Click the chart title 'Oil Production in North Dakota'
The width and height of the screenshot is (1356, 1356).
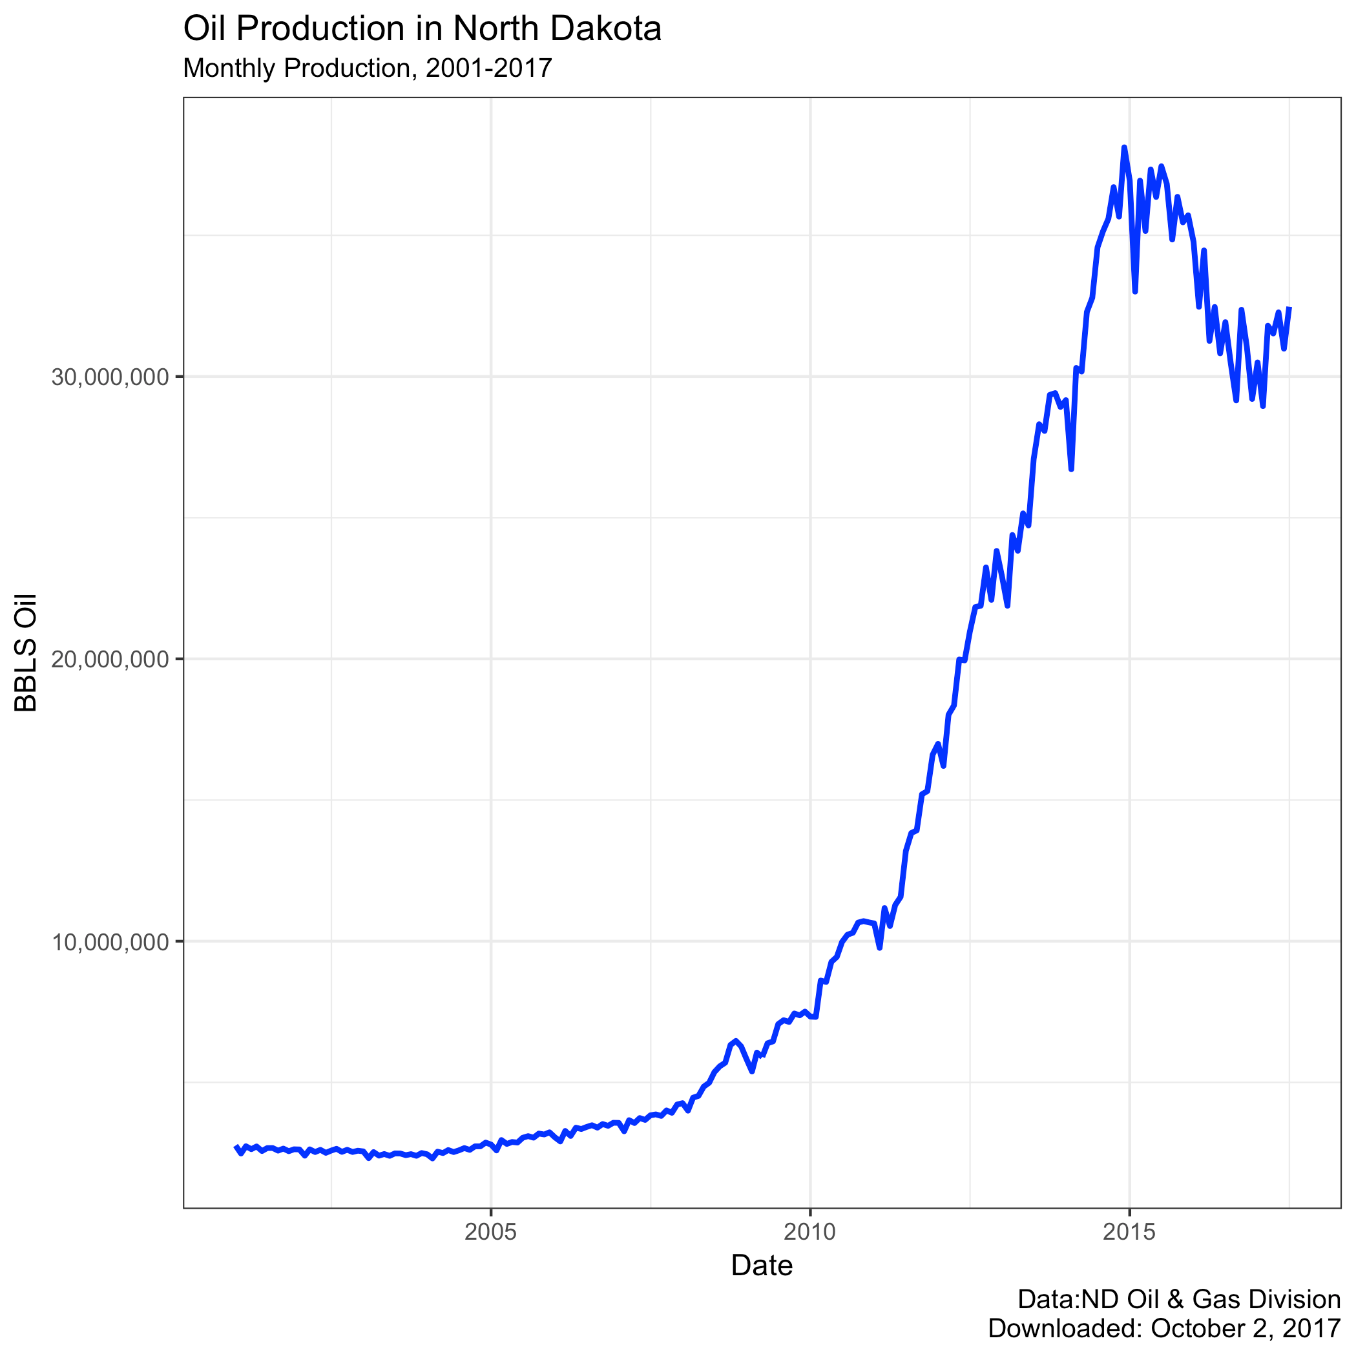(x=422, y=30)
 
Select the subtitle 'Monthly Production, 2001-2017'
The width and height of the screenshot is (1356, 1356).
(x=367, y=68)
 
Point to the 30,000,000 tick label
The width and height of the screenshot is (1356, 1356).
(x=111, y=378)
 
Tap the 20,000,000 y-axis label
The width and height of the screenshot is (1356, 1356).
(x=111, y=660)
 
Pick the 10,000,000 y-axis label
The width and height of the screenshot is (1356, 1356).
(x=111, y=942)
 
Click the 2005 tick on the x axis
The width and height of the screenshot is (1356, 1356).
(x=490, y=1232)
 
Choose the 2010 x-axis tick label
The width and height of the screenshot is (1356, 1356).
(x=810, y=1232)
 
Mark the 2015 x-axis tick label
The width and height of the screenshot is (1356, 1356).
(x=1129, y=1232)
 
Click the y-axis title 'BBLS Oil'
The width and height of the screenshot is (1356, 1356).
(x=26, y=653)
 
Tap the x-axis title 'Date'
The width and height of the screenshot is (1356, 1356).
(x=762, y=1266)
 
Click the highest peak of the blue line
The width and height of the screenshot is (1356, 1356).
(x=1123, y=147)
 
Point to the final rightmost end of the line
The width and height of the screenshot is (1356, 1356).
(x=1290, y=308)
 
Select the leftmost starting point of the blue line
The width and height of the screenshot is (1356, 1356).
(x=235, y=1146)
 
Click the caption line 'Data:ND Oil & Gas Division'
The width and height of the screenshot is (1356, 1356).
(x=1178, y=1299)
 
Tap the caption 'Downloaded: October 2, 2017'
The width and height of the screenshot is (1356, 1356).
(x=1164, y=1329)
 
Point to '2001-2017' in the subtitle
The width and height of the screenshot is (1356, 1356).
(x=488, y=68)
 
